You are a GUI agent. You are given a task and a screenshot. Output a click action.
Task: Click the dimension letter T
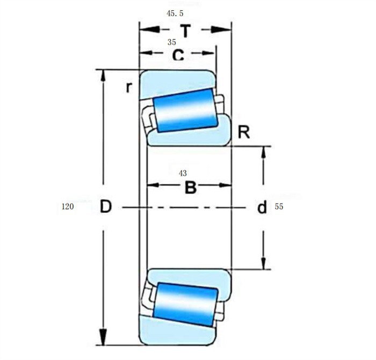[x=185, y=31]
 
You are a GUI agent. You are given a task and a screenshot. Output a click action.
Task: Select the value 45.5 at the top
[x=175, y=13]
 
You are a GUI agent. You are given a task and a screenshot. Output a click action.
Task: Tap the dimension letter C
[x=178, y=55]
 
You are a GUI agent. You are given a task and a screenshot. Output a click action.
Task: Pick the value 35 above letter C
[x=172, y=42]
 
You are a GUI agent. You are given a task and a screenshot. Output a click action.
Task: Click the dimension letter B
[x=190, y=188]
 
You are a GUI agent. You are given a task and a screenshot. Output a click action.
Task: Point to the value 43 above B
[x=183, y=173]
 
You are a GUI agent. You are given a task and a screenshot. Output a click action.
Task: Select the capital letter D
[x=106, y=207]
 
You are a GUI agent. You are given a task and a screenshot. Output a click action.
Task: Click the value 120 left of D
[x=68, y=207]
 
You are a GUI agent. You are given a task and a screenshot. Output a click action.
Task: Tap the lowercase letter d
[x=262, y=207]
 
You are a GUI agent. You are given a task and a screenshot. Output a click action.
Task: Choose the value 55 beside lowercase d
[x=279, y=207]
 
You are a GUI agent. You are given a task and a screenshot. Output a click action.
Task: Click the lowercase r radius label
[x=128, y=87]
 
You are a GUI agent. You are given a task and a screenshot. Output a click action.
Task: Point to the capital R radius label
[x=244, y=132]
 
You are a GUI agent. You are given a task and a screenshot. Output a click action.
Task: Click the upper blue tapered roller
[x=185, y=110]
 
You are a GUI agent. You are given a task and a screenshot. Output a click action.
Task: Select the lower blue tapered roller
[x=185, y=304]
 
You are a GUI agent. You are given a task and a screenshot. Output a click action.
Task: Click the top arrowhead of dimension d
[x=263, y=152]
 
